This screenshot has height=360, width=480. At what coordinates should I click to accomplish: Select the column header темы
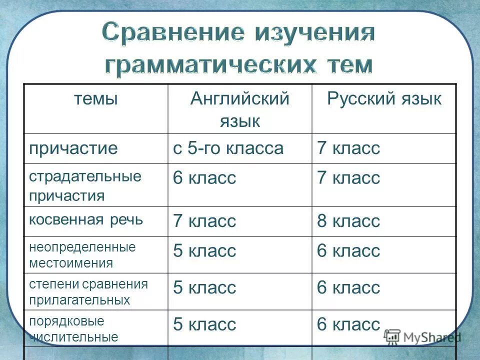(x=96, y=99)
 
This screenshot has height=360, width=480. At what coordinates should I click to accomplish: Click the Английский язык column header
(x=239, y=109)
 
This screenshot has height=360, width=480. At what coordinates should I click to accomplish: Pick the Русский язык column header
(x=384, y=99)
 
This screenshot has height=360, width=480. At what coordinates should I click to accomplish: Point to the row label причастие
(x=73, y=148)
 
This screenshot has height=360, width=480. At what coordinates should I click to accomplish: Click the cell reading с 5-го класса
(x=228, y=148)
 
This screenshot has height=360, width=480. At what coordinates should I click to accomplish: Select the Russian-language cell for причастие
(x=348, y=148)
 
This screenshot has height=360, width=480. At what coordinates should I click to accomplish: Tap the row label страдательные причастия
(x=85, y=185)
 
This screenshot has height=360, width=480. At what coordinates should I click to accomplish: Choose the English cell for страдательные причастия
(x=204, y=178)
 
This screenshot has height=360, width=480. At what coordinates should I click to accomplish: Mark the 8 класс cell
(x=348, y=221)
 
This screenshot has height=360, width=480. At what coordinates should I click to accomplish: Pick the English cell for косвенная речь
(x=204, y=221)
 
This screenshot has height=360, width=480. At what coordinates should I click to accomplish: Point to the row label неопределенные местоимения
(x=82, y=254)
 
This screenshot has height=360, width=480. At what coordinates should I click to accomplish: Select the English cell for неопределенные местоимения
(x=204, y=250)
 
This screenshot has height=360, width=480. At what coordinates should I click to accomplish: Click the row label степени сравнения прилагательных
(x=88, y=292)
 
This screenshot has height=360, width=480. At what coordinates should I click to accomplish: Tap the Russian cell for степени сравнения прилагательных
(x=348, y=287)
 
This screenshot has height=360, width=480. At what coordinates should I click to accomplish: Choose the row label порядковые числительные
(x=74, y=328)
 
